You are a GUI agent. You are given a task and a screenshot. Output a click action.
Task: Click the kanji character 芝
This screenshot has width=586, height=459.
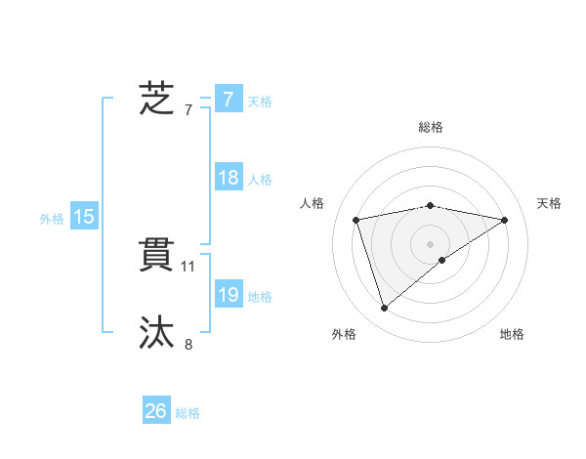[156, 100]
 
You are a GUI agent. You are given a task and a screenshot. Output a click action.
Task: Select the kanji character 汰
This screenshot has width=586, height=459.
[156, 333]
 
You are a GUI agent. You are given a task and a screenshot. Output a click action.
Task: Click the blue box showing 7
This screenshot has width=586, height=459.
[228, 100]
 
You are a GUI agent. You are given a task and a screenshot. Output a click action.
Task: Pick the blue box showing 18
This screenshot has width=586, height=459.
[228, 178]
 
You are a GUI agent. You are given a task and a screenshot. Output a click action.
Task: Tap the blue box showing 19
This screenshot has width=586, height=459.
[228, 295]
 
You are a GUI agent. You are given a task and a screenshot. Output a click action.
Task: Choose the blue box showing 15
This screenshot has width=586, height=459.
[84, 217]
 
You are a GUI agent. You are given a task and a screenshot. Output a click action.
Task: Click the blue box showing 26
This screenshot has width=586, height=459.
[156, 411]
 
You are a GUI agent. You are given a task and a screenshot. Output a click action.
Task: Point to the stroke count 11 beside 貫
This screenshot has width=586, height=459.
[188, 266]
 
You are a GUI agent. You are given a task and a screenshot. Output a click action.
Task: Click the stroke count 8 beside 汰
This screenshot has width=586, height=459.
[188, 344]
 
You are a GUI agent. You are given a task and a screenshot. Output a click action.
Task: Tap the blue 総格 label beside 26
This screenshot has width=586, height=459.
[188, 413]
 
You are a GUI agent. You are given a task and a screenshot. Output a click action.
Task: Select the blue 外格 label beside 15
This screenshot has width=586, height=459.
[52, 219]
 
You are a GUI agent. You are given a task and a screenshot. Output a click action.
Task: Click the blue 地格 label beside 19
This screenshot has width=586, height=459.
[260, 297]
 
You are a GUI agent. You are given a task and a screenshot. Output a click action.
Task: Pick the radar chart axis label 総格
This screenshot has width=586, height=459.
[431, 127]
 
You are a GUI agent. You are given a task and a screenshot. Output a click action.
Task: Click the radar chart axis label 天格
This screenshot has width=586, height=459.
[549, 202]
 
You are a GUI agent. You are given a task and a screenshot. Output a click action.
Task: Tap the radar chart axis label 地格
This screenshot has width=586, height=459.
[512, 334]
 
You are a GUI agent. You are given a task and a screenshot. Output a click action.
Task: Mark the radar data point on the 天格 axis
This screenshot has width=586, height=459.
[505, 220]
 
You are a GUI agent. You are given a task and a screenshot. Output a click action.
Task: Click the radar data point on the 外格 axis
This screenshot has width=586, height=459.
[385, 308]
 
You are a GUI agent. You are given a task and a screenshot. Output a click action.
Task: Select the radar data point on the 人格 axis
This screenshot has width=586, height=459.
[356, 220]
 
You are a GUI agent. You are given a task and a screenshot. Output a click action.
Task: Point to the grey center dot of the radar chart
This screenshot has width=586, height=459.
[431, 243]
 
